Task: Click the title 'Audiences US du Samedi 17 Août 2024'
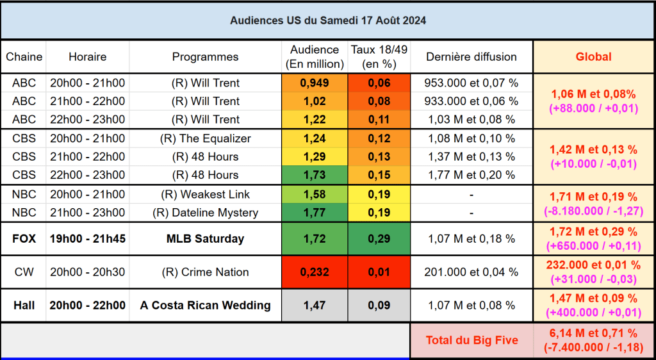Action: pos(328,20)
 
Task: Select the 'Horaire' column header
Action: pos(87,57)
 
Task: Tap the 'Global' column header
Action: pos(593,57)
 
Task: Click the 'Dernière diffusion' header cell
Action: pos(471,57)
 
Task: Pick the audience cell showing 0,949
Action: pos(314,83)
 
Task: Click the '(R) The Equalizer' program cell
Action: pos(205,138)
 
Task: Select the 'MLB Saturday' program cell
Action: pos(205,239)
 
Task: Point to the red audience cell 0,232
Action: pos(314,272)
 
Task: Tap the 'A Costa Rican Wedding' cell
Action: pos(205,306)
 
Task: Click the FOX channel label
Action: pos(24,239)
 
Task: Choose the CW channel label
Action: pos(24,272)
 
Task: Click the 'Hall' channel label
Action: pos(24,306)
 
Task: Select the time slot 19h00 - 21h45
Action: pos(87,239)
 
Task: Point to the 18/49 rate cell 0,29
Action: pos(379,239)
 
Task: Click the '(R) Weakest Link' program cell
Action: pos(205,194)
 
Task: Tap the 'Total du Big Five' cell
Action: pos(471,340)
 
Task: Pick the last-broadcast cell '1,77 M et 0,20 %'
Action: pos(471,175)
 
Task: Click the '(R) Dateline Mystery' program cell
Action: pos(205,213)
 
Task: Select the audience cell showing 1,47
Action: pos(314,306)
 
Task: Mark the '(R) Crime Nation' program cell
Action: pos(205,272)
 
